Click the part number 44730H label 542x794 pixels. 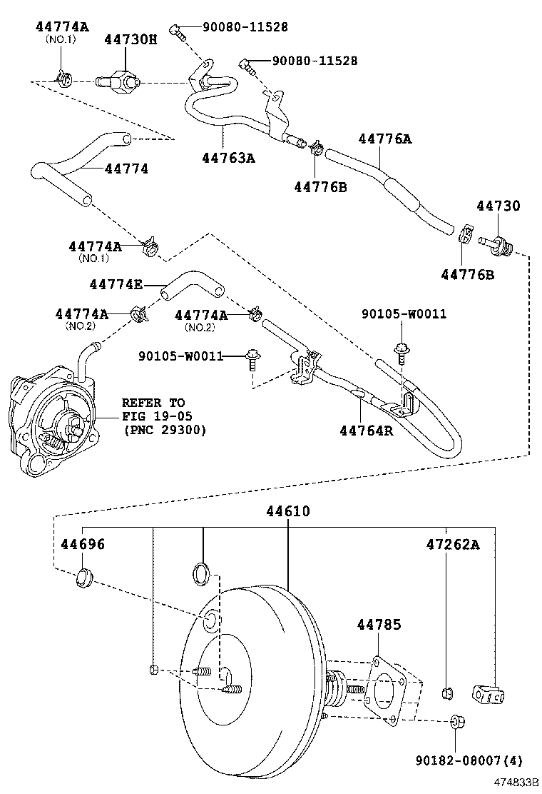click(x=131, y=41)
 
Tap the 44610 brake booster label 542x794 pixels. click(x=288, y=511)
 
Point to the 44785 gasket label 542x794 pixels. click(x=379, y=625)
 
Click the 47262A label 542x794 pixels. click(x=453, y=545)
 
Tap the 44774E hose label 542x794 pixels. click(x=116, y=284)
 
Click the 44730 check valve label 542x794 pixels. click(x=498, y=206)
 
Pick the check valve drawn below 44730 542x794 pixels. click(x=496, y=243)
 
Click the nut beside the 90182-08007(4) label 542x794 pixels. click(x=457, y=723)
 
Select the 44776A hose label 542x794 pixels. click(x=384, y=139)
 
